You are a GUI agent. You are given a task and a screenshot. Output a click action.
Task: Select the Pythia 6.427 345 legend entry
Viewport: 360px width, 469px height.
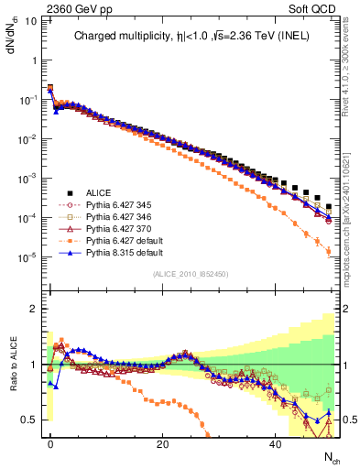coord(115,206)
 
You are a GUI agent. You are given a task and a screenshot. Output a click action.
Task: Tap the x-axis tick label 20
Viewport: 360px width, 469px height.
coord(163,442)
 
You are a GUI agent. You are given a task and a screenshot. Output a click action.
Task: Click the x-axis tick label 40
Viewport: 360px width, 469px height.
coord(276,442)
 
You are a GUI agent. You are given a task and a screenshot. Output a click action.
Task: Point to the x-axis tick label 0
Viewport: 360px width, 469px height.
coord(50,442)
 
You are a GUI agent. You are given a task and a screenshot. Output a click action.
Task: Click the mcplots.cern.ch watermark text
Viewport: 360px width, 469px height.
coord(351,220)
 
